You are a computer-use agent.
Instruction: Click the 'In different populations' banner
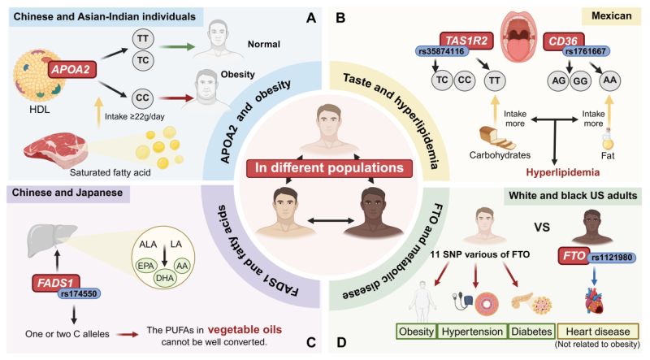[323, 169]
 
